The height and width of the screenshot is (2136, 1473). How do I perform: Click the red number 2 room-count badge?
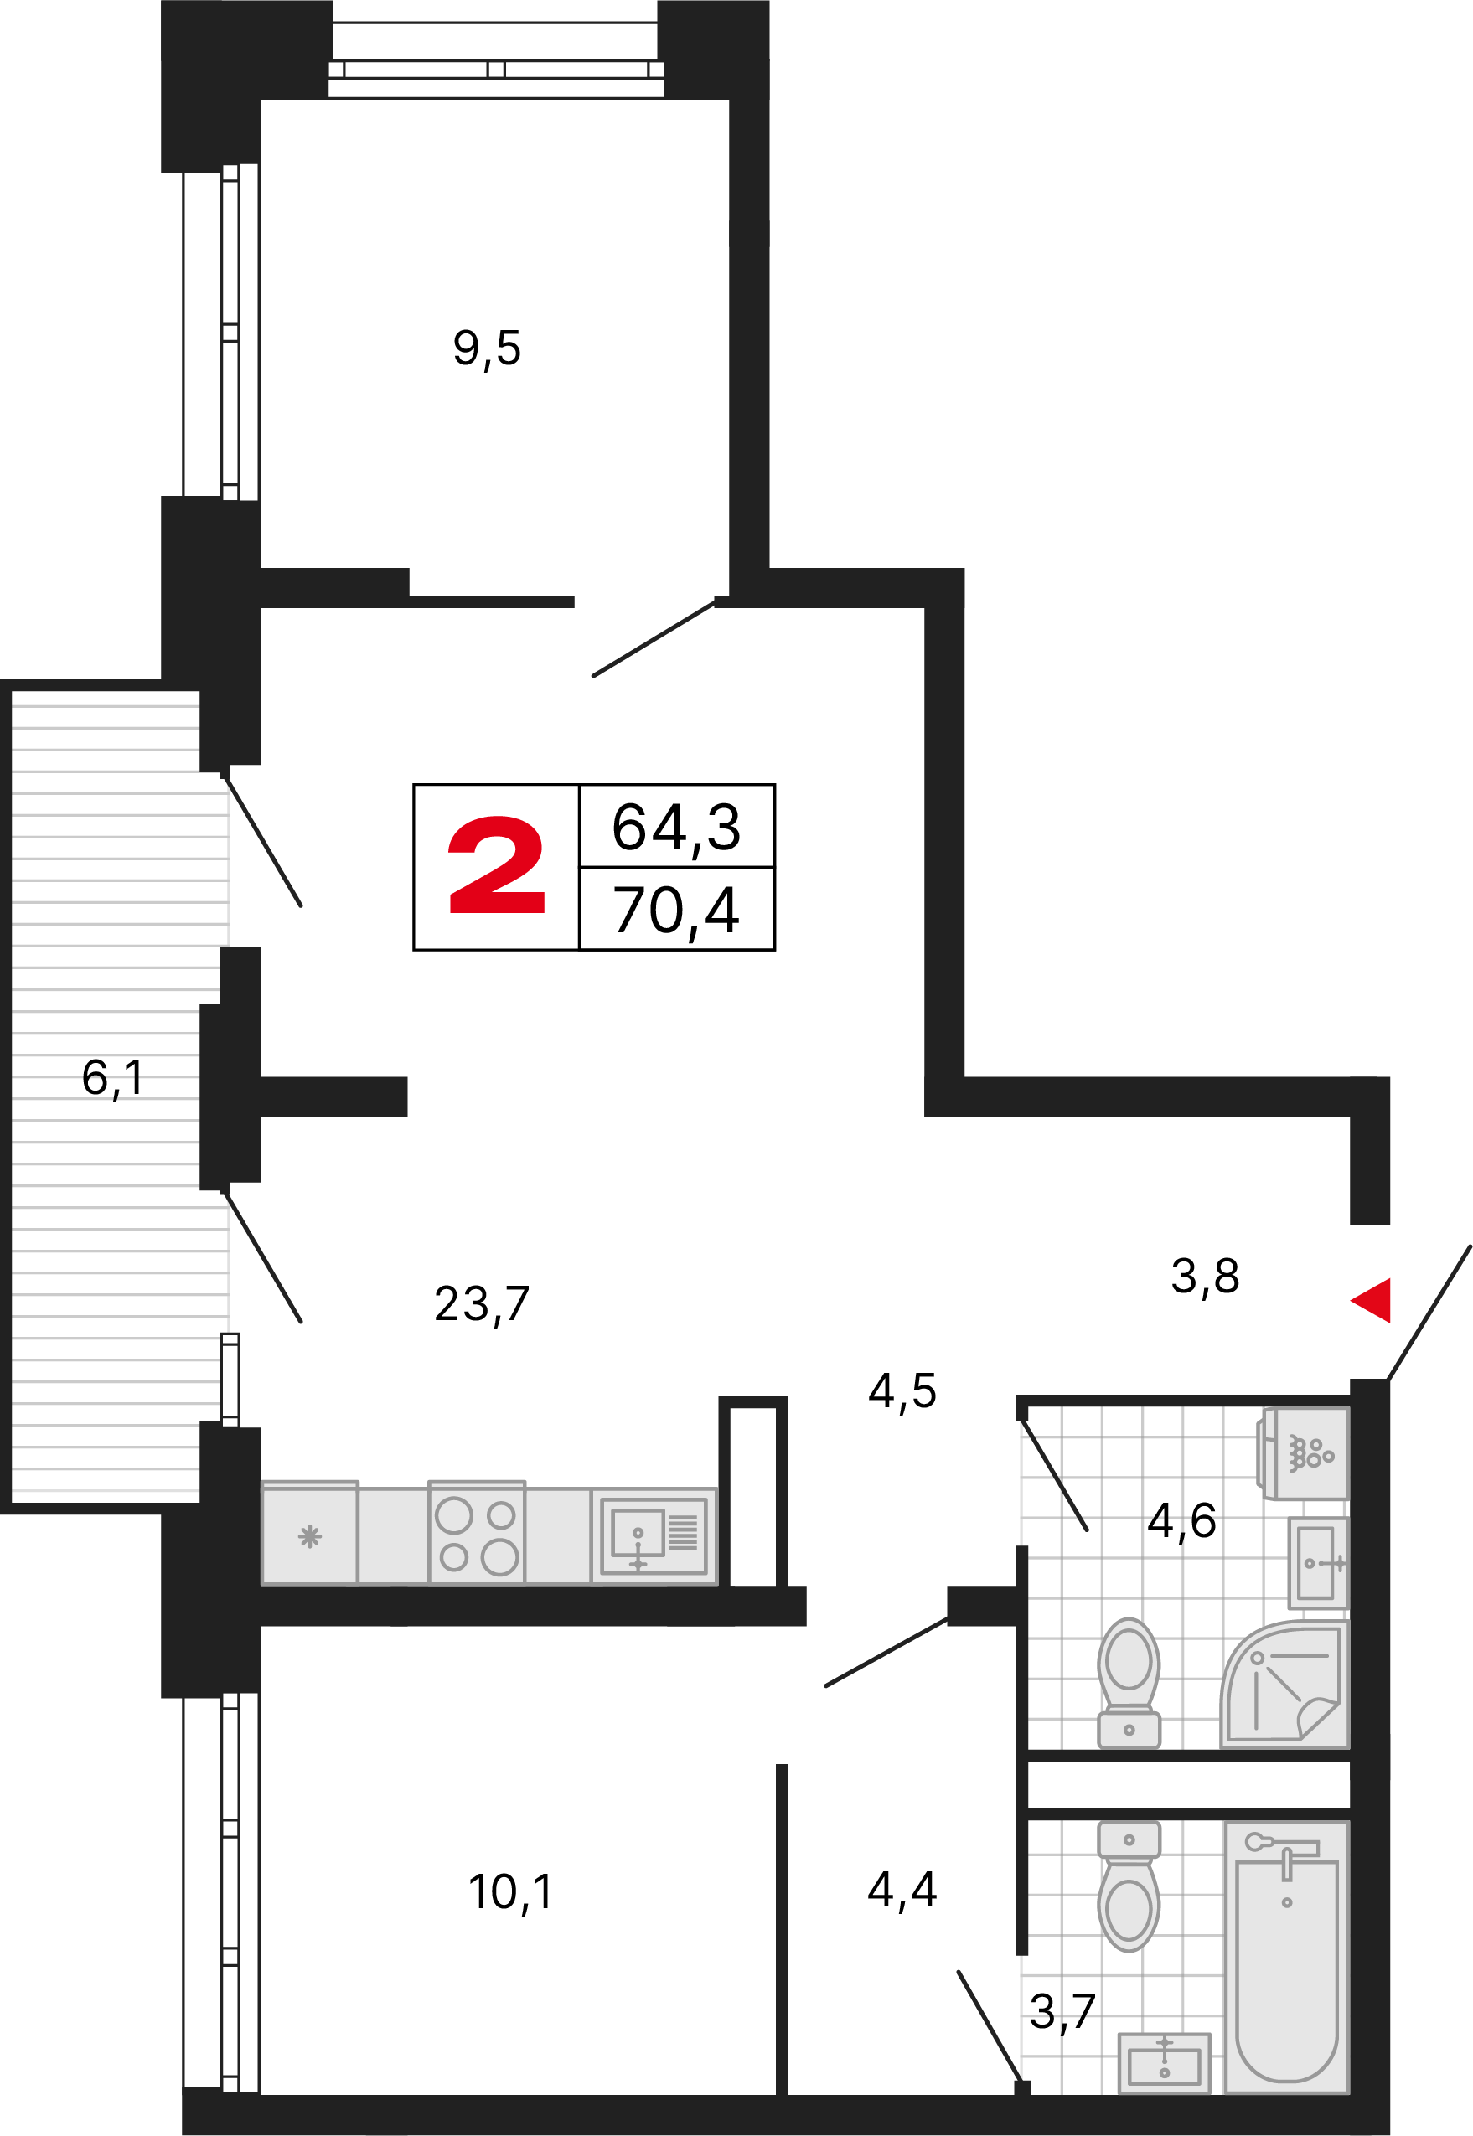click(x=497, y=865)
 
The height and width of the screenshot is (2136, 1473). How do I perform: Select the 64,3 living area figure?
click(x=676, y=827)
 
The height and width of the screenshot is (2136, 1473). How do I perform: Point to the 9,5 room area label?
click(x=486, y=348)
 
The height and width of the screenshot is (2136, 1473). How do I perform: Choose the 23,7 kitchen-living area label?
click(x=482, y=1303)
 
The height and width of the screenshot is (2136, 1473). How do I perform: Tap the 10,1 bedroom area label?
click(x=510, y=1891)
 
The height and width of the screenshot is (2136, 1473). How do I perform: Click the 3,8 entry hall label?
click(x=1204, y=1276)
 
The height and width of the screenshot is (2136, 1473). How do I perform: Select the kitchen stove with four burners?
click(x=477, y=1533)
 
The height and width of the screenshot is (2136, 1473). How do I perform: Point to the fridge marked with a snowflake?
click(x=309, y=1533)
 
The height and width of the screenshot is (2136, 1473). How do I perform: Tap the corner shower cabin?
click(x=1285, y=1685)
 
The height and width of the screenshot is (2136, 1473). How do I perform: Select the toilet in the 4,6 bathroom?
click(x=1129, y=1682)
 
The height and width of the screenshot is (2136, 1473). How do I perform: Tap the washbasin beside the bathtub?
click(x=1164, y=2063)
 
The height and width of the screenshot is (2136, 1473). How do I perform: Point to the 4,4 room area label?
click(x=902, y=1889)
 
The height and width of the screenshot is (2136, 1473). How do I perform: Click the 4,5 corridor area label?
click(x=902, y=1390)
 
